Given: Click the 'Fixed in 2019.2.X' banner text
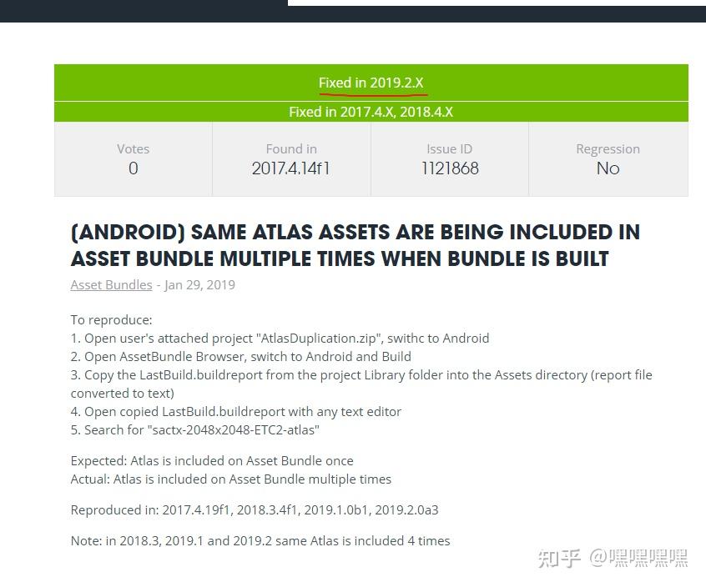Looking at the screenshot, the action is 371,83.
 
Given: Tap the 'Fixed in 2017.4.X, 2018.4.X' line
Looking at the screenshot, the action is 371,112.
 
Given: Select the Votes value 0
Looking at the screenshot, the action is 134,168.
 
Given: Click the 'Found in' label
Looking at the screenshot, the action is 291,149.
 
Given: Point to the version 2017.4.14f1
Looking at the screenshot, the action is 291,168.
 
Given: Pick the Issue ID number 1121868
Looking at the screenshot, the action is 450,168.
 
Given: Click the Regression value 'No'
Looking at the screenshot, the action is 608,168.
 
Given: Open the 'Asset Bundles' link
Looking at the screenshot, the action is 111,284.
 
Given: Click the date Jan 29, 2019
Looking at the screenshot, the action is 200,284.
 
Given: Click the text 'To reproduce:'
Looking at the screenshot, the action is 112,320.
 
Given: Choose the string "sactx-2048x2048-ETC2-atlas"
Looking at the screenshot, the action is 233,430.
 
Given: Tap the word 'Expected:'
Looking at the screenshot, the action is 99,461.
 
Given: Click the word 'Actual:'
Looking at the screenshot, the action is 90,479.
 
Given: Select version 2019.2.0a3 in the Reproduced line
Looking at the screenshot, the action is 406,510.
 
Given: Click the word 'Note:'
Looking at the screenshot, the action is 87,540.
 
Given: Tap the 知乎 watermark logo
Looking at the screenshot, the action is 559,559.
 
